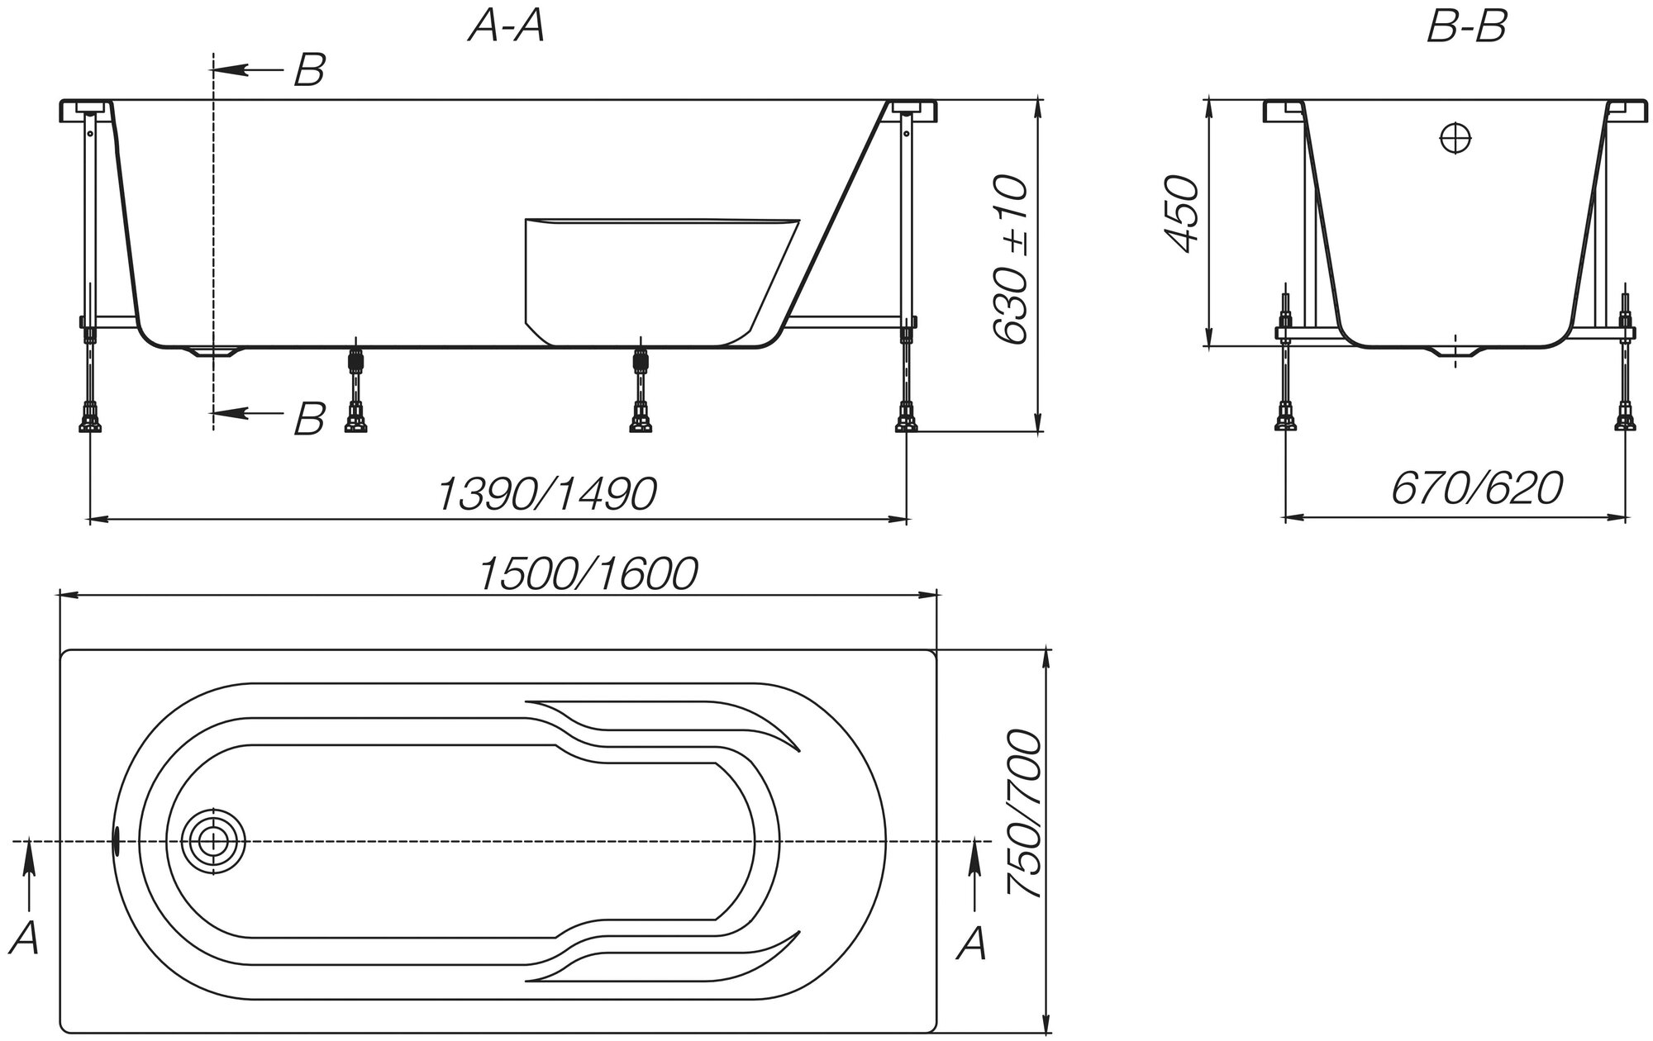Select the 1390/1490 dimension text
coord(546,494)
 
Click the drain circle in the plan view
coord(213,842)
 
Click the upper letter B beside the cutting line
coord(309,71)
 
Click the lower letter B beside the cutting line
coord(309,418)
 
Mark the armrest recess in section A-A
coord(653,277)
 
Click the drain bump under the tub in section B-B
coord(1455,354)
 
